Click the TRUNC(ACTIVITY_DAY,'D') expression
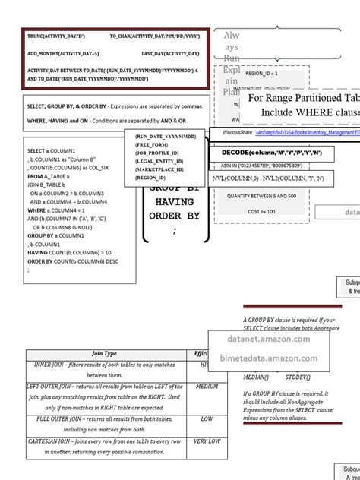tap(56, 36)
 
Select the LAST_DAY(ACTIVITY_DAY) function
tap(171, 54)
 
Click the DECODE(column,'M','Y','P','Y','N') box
tap(271, 153)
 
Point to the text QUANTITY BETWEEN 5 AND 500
tap(261, 195)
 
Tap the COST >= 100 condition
tap(261, 211)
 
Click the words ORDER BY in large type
tap(175, 216)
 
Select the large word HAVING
tap(175, 202)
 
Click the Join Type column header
tap(104, 353)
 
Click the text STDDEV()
tap(297, 377)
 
